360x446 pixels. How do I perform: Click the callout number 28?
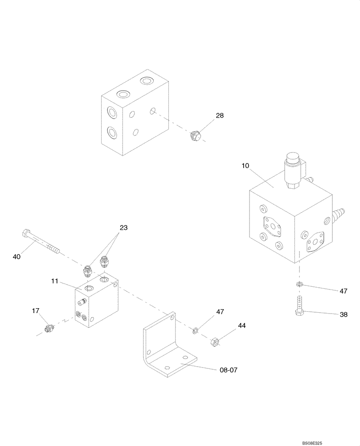(x=220, y=116)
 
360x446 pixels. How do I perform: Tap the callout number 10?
(x=245, y=166)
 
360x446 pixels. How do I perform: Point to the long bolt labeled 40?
(x=40, y=242)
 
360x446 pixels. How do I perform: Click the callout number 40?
(x=17, y=256)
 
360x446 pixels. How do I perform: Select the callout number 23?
(x=123, y=227)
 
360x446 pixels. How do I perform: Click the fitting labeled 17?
(x=49, y=329)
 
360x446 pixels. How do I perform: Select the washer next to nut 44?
(x=195, y=330)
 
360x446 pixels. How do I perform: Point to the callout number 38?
(x=343, y=314)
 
